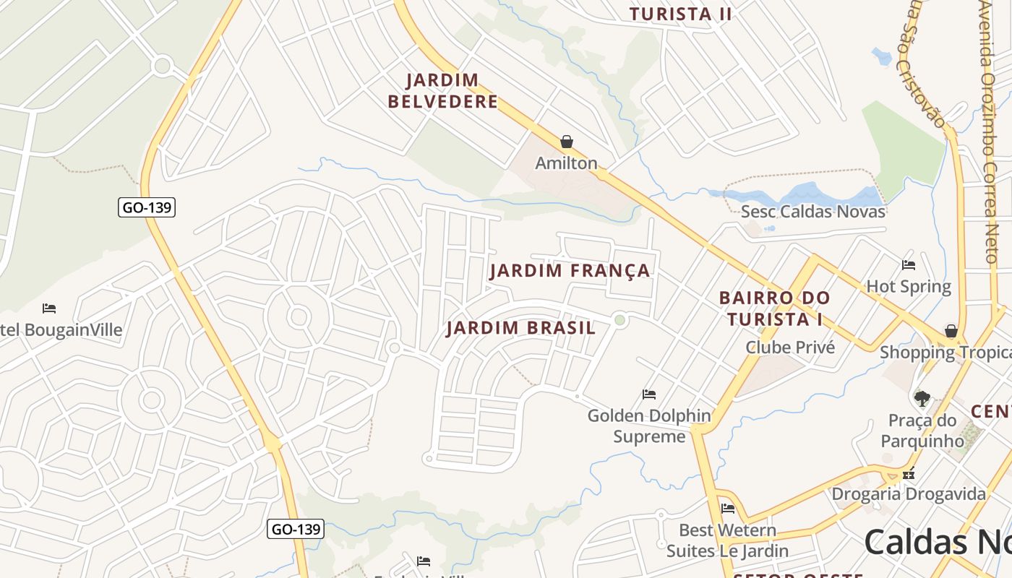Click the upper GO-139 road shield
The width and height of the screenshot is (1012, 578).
[x=147, y=207]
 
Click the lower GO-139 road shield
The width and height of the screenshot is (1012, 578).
[x=295, y=529]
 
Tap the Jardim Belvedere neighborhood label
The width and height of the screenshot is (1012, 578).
[x=442, y=91]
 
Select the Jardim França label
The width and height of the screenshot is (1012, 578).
[x=570, y=271]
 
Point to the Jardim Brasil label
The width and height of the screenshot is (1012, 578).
[x=520, y=328]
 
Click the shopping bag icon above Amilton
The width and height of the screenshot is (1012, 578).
[x=567, y=142]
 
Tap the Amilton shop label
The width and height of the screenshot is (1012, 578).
[x=566, y=163]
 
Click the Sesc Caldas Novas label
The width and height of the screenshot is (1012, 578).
[x=812, y=212]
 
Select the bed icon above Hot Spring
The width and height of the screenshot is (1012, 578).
[x=909, y=265]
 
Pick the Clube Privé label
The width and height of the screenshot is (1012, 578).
[x=790, y=348]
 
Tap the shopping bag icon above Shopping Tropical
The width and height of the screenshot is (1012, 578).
[x=951, y=331]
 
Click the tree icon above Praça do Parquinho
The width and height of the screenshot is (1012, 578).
[x=922, y=398]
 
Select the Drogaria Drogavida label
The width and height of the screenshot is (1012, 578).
[x=909, y=494]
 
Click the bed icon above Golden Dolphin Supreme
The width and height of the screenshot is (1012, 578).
[x=649, y=394]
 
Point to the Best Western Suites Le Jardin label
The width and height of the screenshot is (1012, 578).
[x=727, y=540]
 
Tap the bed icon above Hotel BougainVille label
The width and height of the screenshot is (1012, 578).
[x=49, y=309]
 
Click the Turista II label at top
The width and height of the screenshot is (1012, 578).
[x=680, y=14]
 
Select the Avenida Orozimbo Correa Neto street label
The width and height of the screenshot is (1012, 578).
[x=997, y=130]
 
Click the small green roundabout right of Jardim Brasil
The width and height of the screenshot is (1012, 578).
[x=619, y=320]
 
